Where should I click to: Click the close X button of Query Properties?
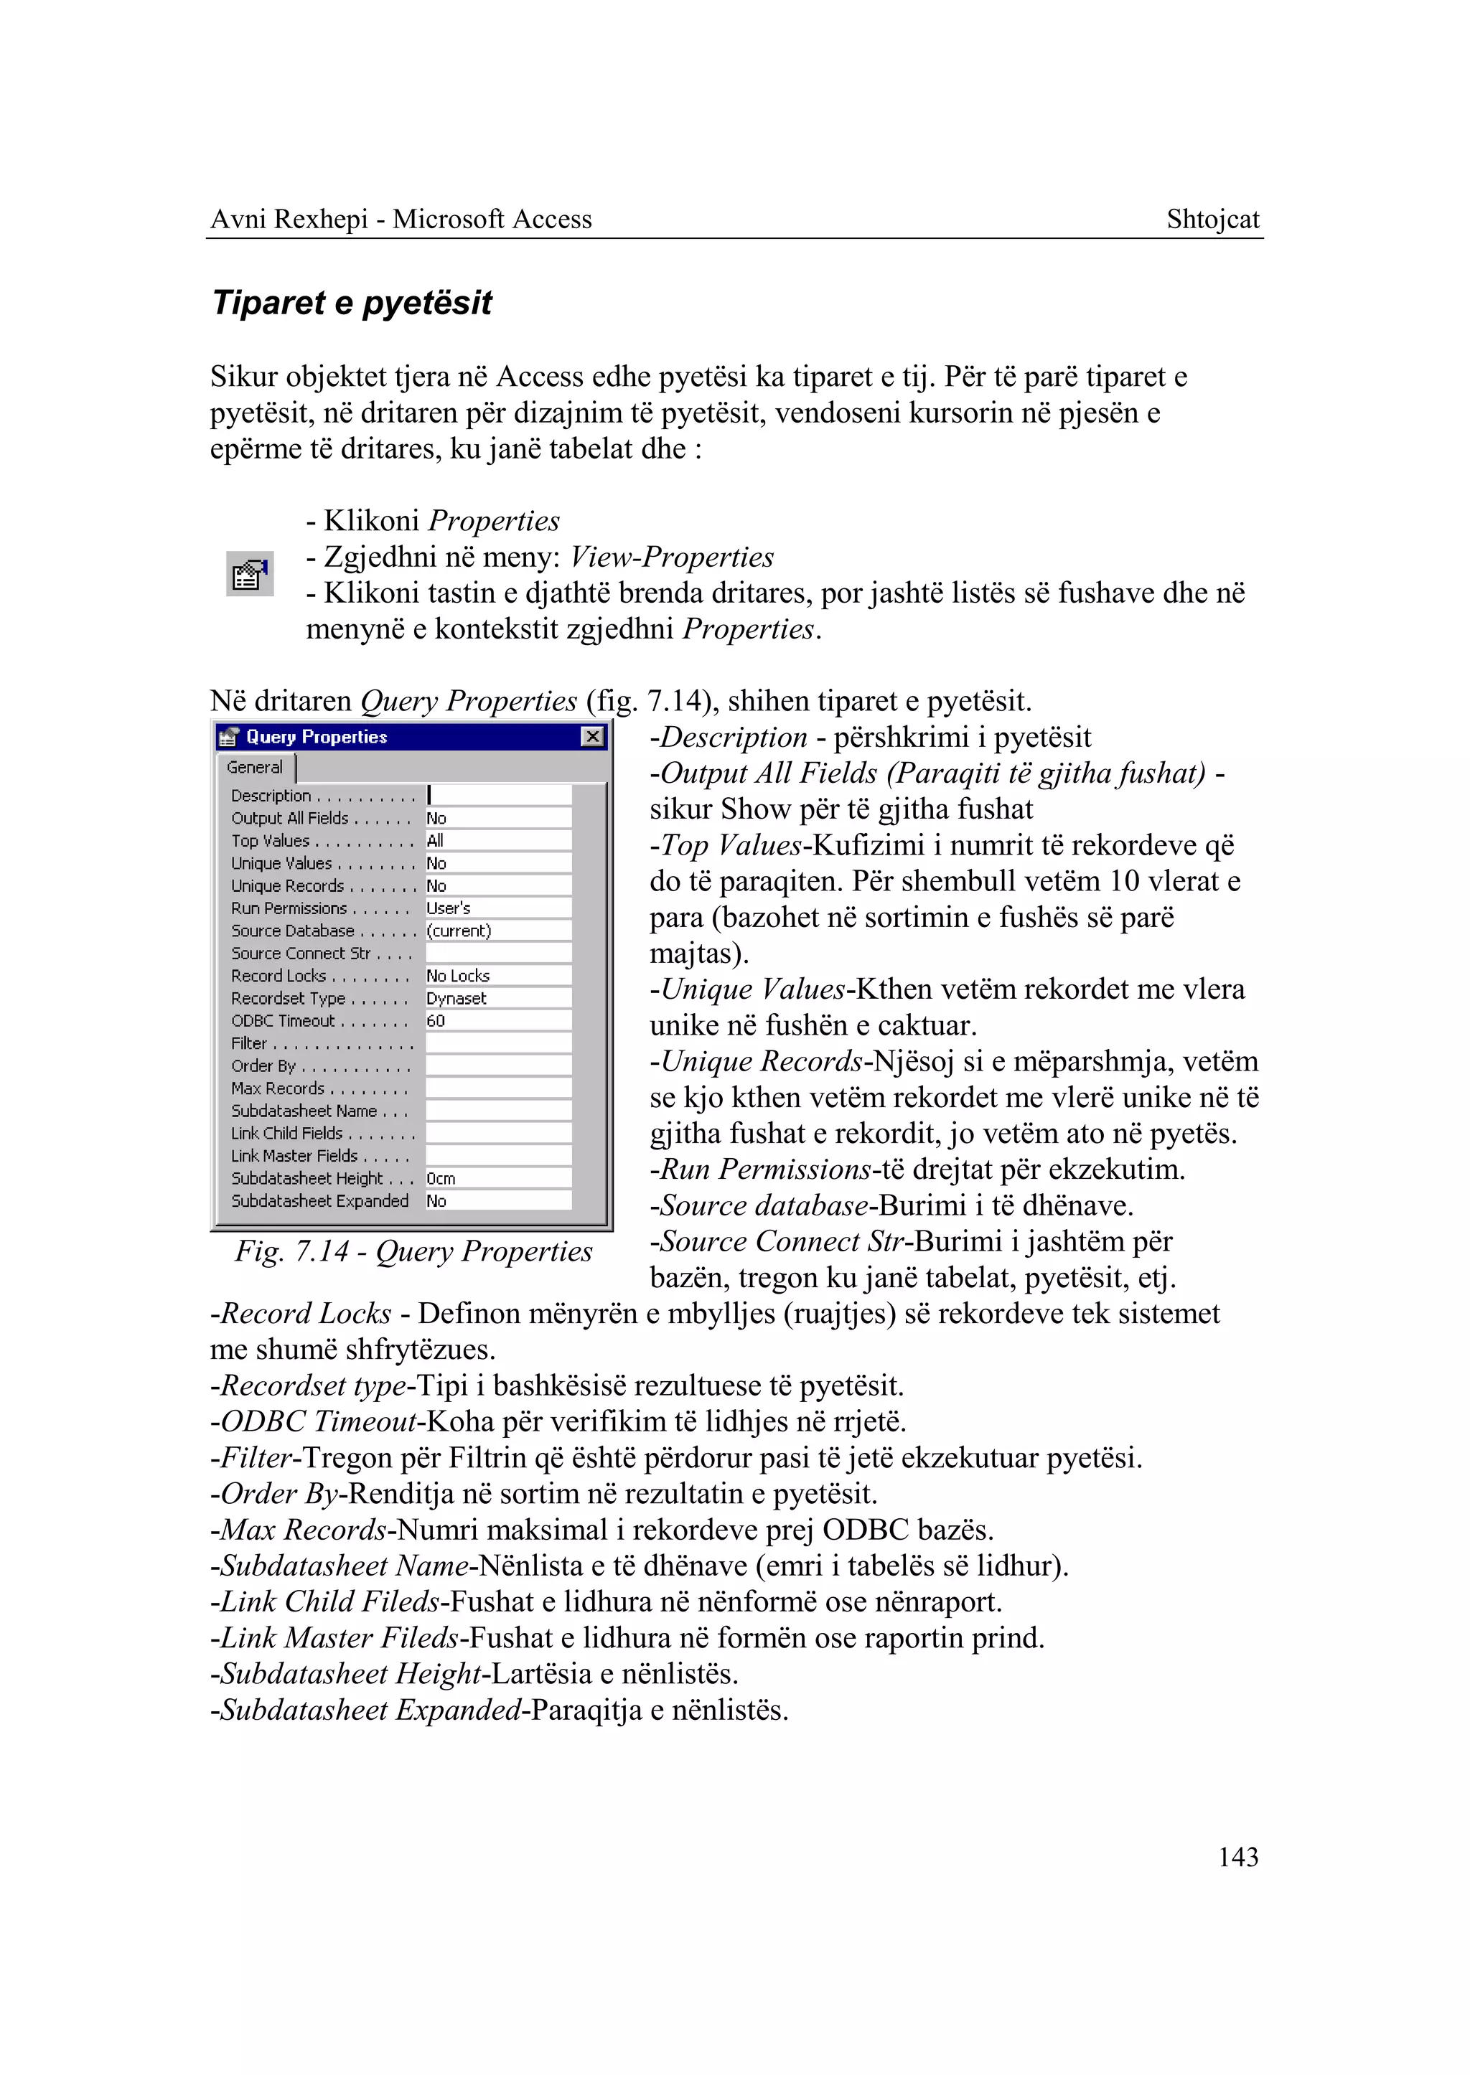coord(592,737)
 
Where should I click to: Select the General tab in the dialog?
coord(256,768)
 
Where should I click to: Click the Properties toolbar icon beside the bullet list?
coord(250,574)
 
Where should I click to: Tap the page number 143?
coord(1237,1857)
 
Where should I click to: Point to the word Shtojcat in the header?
coord(1212,219)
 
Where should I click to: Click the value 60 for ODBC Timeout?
coord(436,1021)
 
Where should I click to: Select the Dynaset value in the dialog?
coord(457,998)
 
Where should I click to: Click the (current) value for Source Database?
coord(459,931)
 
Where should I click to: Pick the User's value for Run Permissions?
coord(448,908)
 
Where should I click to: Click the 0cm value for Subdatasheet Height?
coord(441,1178)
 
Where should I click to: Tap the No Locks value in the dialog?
coord(458,976)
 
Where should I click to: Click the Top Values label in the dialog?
coord(271,841)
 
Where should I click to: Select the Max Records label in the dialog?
coord(278,1088)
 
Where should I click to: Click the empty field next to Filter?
coord(498,1043)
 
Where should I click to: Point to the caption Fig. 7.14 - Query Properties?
coord(413,1251)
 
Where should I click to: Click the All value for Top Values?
coord(436,841)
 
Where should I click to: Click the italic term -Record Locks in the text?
coord(301,1313)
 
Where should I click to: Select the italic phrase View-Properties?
coord(672,557)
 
